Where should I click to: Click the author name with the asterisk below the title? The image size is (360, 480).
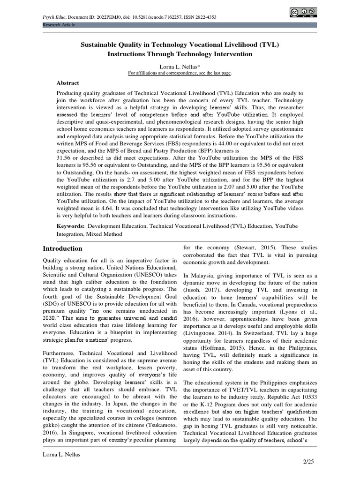(180, 67)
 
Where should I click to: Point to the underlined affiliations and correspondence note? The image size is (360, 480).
(180, 74)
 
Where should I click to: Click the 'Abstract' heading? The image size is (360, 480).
(67, 83)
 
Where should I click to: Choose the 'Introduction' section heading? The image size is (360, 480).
(62, 248)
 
